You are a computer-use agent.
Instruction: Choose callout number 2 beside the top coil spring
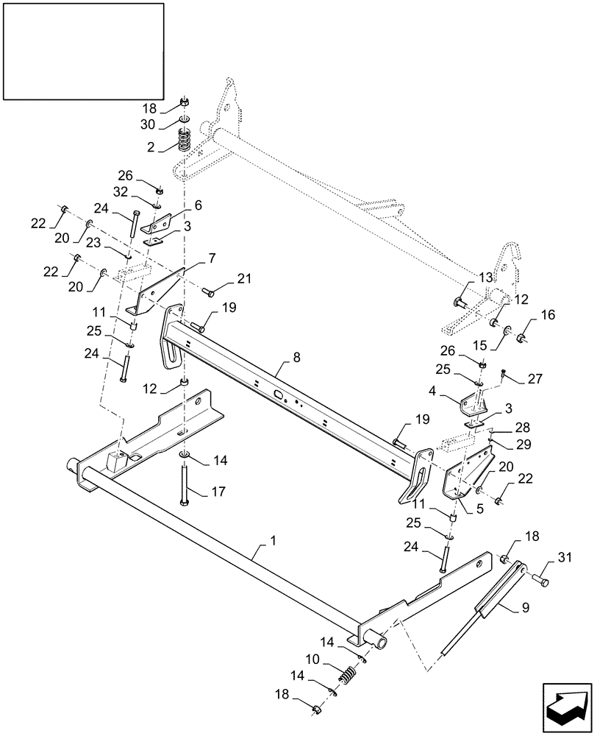pyautogui.click(x=151, y=146)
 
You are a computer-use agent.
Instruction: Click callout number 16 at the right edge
pyautogui.click(x=548, y=315)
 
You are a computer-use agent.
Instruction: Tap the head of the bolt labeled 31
pyautogui.click(x=544, y=583)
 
